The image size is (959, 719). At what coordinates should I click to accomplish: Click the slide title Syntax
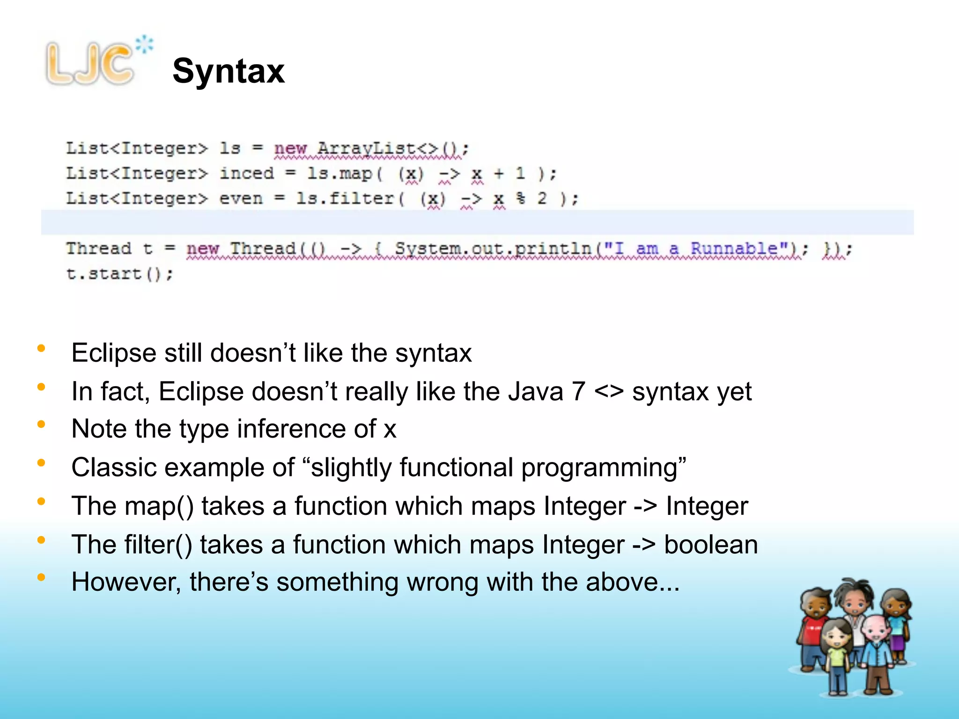click(229, 71)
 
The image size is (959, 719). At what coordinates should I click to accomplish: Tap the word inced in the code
click(247, 173)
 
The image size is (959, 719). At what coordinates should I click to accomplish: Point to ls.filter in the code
click(345, 198)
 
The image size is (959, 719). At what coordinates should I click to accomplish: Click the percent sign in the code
click(520, 198)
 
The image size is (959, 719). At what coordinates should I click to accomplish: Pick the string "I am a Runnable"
click(700, 248)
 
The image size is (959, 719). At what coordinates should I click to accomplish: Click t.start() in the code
click(119, 273)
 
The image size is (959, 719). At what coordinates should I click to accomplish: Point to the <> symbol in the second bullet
click(609, 391)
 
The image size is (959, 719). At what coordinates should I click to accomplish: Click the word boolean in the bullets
click(711, 545)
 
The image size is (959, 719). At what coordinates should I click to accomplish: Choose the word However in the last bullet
click(125, 582)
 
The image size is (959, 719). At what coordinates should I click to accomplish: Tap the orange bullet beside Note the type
click(41, 424)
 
